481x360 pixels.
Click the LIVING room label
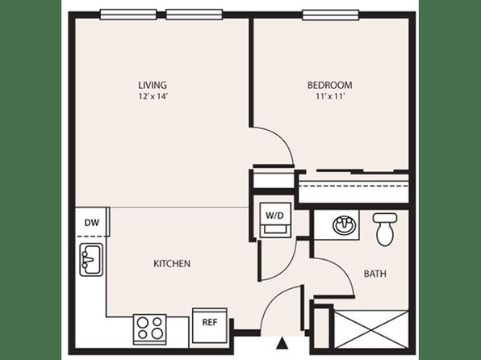coord(153,85)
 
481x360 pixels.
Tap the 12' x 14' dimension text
coord(153,96)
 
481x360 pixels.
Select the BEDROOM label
coord(330,85)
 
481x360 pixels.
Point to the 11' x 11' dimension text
coord(330,96)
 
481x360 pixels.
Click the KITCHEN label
coord(172,263)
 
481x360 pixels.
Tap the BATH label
coord(374,274)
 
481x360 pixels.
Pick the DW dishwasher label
coord(92,223)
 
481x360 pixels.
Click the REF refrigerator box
coord(210,325)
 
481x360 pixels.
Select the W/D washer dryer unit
coord(275,220)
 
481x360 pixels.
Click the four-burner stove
coord(150,329)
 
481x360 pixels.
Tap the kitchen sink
coord(91,260)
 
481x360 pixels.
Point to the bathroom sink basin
coord(345,225)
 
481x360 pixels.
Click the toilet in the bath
coord(385,229)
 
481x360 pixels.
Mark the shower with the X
coord(371,329)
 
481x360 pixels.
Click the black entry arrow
coord(282,343)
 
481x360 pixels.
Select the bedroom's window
coord(330,15)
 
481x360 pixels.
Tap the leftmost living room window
coord(128,15)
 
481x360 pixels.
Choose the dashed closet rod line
coord(353,186)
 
